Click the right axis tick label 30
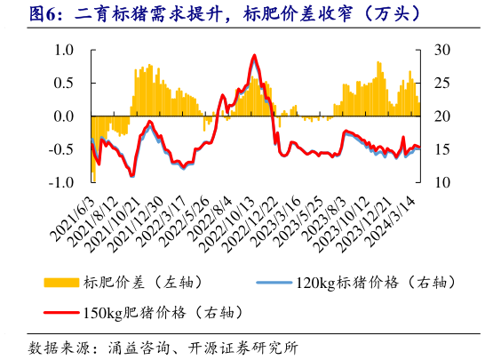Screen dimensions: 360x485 tap(441, 50)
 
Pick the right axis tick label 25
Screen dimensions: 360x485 tap(441, 83)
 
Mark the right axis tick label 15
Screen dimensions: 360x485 tap(441, 149)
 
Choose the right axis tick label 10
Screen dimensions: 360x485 tap(441, 182)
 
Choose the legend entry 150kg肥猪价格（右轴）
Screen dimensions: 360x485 tap(161, 312)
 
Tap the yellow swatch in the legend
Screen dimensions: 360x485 tap(61, 282)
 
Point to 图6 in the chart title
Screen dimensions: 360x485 tap(42, 14)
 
